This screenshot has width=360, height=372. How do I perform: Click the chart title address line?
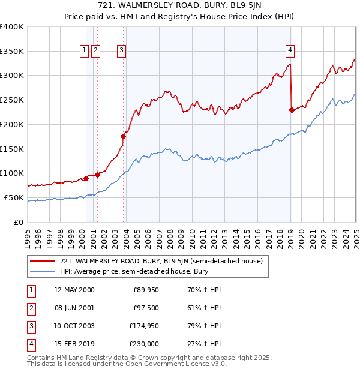pyautogui.click(x=179, y=6)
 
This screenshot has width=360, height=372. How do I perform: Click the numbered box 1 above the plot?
pyautogui.click(x=84, y=50)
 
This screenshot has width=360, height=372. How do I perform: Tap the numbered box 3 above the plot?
pyautogui.click(x=121, y=50)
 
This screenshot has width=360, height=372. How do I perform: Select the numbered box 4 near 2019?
pyautogui.click(x=290, y=50)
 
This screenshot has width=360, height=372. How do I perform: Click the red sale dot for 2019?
pyautogui.click(x=292, y=110)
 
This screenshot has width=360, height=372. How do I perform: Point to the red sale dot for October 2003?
pyautogui.click(x=124, y=136)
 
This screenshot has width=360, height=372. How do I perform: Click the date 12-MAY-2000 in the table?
pyautogui.click(x=74, y=290)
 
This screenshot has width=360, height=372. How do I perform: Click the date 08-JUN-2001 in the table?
pyautogui.click(x=74, y=308)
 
